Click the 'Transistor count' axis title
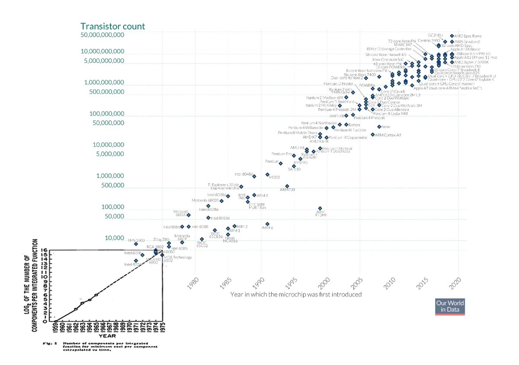(x=112, y=26)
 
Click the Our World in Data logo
(x=450, y=307)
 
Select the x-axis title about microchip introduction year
(x=296, y=294)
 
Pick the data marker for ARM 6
(x=267, y=224)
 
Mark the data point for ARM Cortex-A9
(x=373, y=135)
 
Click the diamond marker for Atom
(x=379, y=127)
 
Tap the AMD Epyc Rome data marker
(x=452, y=36)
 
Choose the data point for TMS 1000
(x=136, y=244)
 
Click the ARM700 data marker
(x=287, y=186)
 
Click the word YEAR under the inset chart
(x=107, y=335)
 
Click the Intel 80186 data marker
(x=208, y=218)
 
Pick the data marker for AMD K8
(x=346, y=116)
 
